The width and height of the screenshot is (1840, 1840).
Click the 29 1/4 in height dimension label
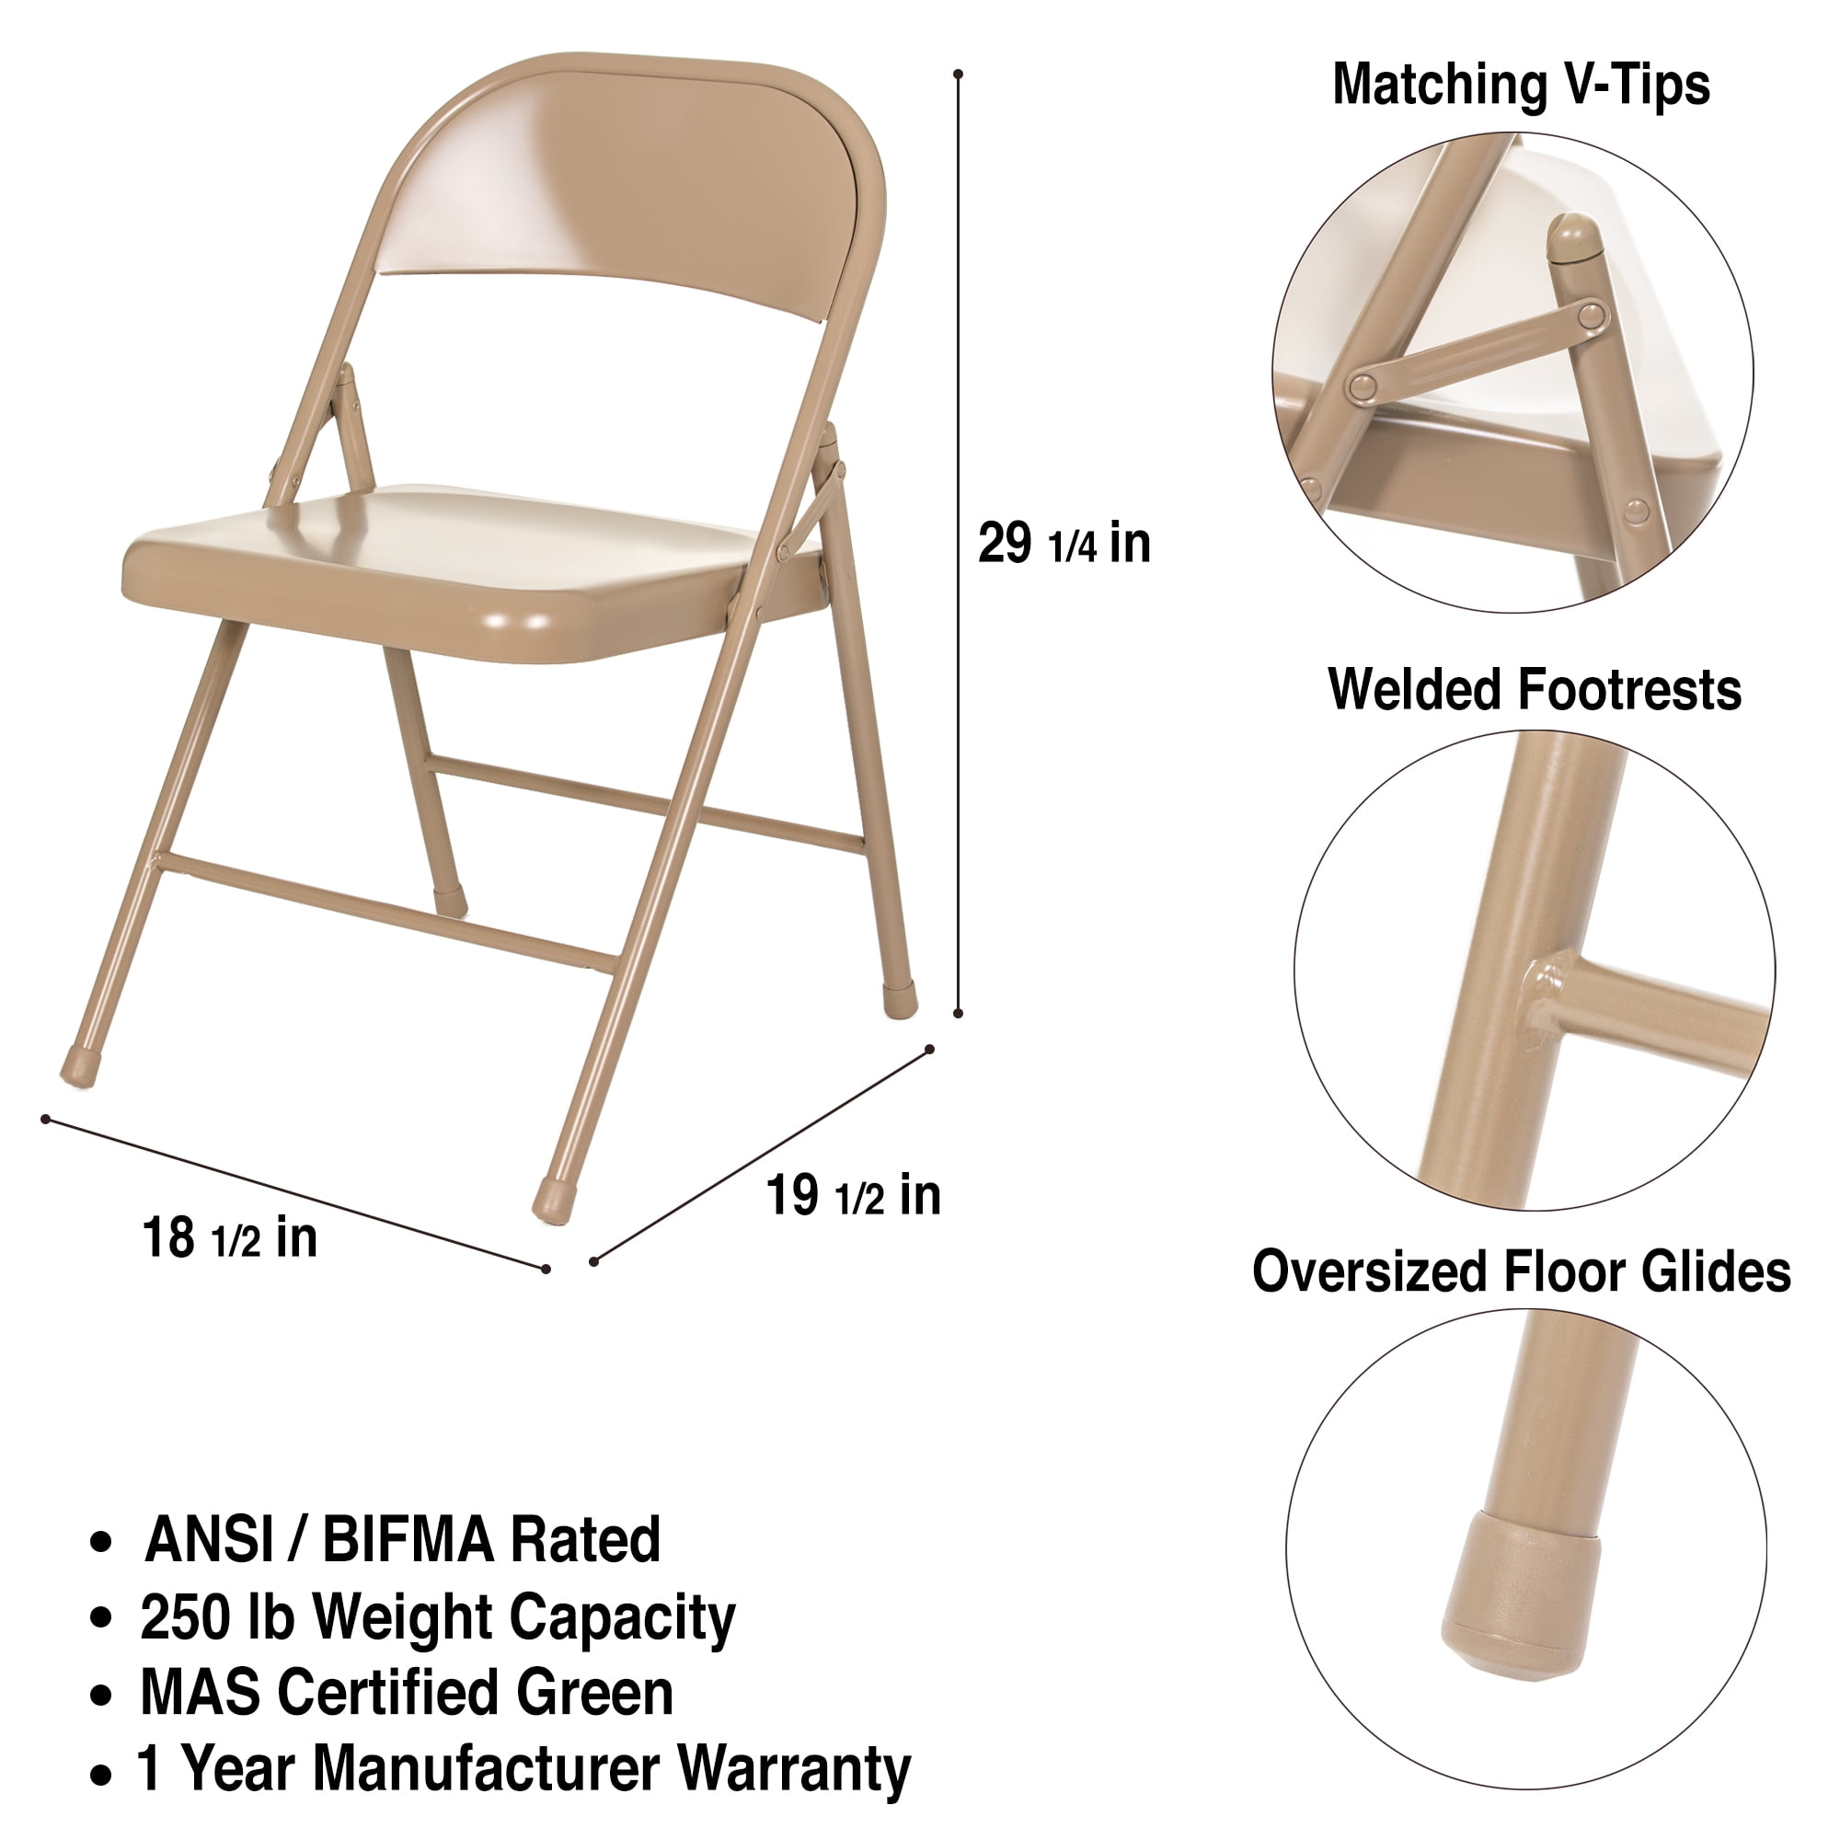click(x=1064, y=544)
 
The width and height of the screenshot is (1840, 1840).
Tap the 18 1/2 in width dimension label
click(x=229, y=1238)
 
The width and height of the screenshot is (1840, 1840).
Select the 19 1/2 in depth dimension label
click(x=854, y=1195)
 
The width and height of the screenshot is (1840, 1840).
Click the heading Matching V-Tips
click(x=1521, y=84)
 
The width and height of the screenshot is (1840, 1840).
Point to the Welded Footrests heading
click(x=1535, y=688)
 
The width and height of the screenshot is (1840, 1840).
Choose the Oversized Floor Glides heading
click(x=1521, y=1271)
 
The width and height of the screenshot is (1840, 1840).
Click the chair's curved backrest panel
click(x=628, y=190)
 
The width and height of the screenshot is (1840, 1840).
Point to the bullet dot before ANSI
click(x=101, y=1543)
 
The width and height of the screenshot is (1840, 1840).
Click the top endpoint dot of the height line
click(x=958, y=74)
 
